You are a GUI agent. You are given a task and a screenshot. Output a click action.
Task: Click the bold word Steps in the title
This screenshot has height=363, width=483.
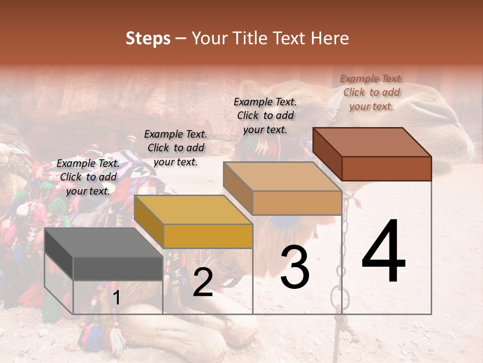pyautogui.click(x=148, y=38)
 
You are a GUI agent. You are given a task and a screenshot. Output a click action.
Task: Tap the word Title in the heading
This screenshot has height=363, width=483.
pyautogui.click(x=251, y=38)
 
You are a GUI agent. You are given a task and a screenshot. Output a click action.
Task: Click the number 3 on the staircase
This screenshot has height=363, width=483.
pyautogui.click(x=295, y=268)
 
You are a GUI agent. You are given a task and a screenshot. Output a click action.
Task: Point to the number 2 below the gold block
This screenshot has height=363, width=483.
pyautogui.click(x=203, y=282)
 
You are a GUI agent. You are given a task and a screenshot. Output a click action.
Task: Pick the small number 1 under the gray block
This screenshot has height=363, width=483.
pyautogui.click(x=116, y=298)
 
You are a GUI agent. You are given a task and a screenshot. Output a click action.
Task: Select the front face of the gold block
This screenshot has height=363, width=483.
pyautogui.click(x=208, y=236)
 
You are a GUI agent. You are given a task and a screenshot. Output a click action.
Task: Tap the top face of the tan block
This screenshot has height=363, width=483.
pyautogui.click(x=282, y=176)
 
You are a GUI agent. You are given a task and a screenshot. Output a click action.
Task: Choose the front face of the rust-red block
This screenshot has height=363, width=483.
pyautogui.click(x=386, y=168)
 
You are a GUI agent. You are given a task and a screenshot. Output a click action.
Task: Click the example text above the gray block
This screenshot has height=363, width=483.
pyautogui.click(x=88, y=177)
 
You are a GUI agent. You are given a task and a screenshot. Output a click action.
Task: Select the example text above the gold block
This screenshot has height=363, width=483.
pyautogui.click(x=176, y=148)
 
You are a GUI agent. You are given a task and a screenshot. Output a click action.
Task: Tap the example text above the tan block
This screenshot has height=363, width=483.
pyautogui.click(x=265, y=115)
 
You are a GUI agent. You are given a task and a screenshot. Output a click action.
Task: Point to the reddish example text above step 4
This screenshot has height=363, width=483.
pyautogui.click(x=371, y=92)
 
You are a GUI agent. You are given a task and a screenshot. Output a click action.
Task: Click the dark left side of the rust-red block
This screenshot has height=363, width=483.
pyautogui.click(x=327, y=153)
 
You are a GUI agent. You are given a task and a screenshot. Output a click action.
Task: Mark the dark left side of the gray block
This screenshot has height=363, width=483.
pyautogui.click(x=59, y=254)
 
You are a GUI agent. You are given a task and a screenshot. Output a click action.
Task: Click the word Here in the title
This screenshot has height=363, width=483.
pyautogui.click(x=330, y=38)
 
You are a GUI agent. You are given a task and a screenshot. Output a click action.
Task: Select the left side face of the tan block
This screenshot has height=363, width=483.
pyautogui.click(x=237, y=188)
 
